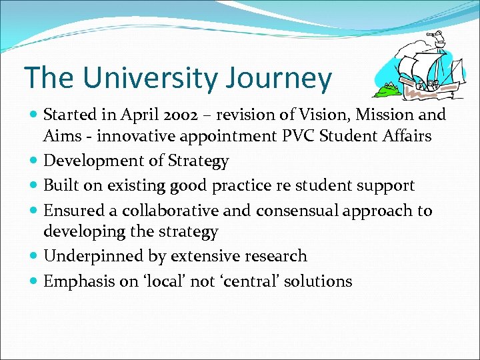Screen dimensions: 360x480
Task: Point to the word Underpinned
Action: click(x=84, y=256)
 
